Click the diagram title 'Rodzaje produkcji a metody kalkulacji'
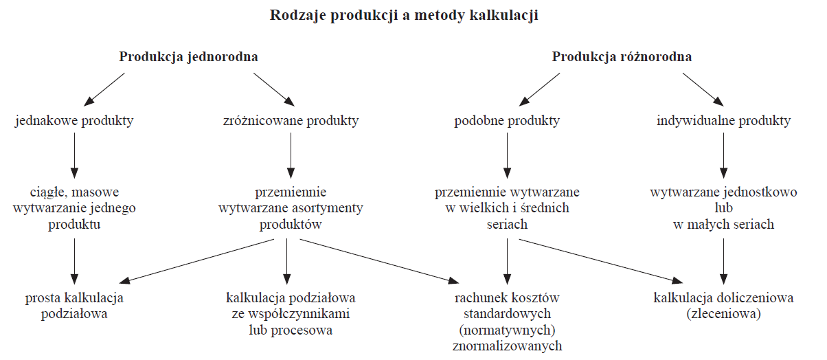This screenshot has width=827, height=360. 404,16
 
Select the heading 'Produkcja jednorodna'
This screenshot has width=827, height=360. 188,57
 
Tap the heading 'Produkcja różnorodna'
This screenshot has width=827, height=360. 622,57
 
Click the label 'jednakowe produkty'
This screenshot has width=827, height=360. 74,121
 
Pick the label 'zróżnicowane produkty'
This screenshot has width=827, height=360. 291,121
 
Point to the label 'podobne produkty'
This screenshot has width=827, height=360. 507,121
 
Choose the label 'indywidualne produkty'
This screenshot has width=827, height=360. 724,121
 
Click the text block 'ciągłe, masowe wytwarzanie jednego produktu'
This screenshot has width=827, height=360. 74,208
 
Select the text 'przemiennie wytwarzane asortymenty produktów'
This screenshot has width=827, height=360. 291,208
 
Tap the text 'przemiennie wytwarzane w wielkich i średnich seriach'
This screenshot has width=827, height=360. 507,208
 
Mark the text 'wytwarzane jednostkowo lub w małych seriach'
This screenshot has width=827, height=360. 724,208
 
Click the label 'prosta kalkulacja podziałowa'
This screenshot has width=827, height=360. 74,306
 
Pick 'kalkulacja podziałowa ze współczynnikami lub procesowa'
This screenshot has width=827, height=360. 291,314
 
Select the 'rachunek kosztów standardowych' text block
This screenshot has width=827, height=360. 507,322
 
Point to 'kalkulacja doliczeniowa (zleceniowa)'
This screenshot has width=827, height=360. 724,306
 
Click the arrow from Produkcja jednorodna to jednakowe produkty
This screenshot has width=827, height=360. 104,89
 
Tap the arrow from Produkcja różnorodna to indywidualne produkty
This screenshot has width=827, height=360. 703,89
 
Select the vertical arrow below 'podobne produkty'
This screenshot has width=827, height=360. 508,155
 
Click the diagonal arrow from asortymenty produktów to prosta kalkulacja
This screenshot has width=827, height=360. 196,262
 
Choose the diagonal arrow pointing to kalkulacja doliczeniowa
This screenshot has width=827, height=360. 601,262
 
